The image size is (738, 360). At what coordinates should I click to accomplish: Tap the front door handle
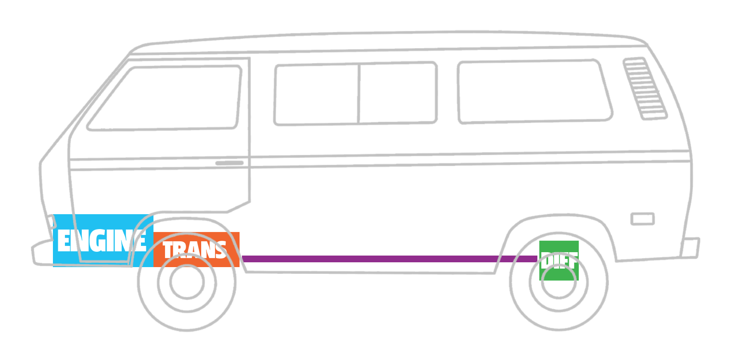click(229, 163)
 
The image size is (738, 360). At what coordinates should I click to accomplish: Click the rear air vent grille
click(645, 88)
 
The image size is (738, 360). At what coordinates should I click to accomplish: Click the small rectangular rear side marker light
click(642, 219)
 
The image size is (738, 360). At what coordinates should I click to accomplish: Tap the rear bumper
click(691, 247)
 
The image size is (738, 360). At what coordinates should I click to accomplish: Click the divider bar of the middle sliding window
click(359, 93)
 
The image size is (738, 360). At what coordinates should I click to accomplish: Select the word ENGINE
click(102, 240)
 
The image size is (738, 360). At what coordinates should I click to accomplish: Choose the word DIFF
click(559, 260)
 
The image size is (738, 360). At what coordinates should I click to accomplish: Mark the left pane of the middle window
click(317, 94)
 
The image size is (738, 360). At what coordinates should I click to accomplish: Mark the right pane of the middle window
click(397, 92)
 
